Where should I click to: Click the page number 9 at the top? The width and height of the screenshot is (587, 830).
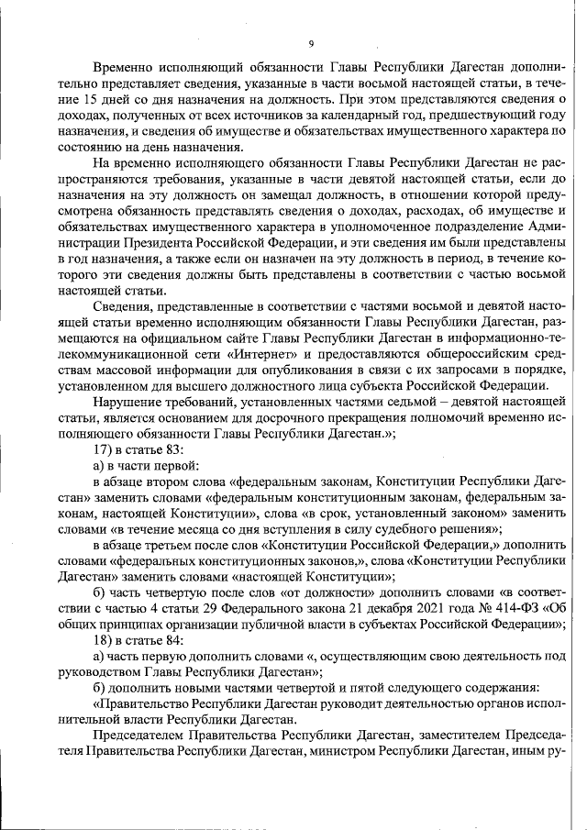pyautogui.click(x=311, y=44)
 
